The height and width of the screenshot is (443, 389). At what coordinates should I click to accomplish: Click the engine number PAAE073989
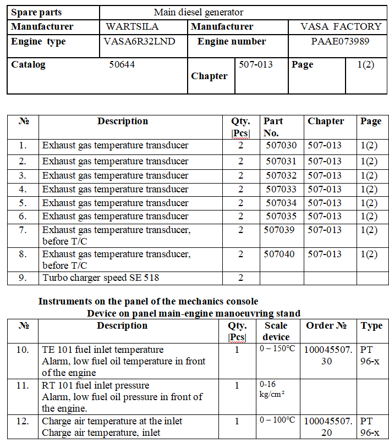point(340,41)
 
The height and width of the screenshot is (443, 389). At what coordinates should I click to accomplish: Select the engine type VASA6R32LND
point(140,41)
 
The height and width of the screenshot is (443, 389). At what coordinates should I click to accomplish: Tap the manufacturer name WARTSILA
point(132,26)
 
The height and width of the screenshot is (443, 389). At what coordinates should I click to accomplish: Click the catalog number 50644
point(122,64)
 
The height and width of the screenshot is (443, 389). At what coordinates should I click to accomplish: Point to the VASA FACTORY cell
point(341,26)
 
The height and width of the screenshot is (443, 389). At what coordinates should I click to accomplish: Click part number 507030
point(281,146)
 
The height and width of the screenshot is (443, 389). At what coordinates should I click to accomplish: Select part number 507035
point(281,216)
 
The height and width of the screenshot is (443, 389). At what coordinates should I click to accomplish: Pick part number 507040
point(279,254)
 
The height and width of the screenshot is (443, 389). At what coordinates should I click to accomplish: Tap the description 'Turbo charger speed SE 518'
point(101,278)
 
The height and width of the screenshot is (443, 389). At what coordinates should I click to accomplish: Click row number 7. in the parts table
point(23,230)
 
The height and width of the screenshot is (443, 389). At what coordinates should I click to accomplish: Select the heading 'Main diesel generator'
point(199,12)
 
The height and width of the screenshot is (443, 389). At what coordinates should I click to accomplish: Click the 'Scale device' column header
point(276,331)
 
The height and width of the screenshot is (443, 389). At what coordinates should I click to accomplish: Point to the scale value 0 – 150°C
point(277,349)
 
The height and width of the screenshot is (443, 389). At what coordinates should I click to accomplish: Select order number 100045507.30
point(328,355)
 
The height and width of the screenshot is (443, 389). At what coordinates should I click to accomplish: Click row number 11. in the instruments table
point(23,385)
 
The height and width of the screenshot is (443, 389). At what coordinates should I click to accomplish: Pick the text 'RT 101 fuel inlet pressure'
point(96,385)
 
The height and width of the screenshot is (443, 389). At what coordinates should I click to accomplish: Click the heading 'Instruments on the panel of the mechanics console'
point(148,301)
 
